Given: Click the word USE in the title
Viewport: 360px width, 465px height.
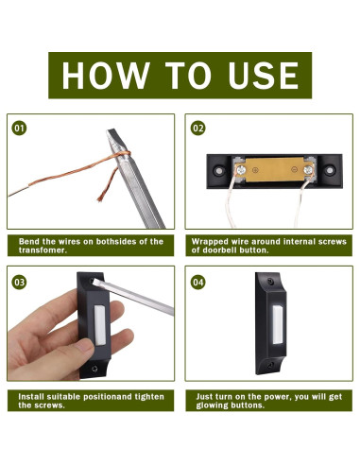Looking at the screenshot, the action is [x=264, y=76].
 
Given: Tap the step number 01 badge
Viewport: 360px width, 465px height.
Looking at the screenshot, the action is [x=19, y=129].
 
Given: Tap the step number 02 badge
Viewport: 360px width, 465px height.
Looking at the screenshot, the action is [x=197, y=129].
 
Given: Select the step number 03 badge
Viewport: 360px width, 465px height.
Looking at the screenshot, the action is [x=19, y=282].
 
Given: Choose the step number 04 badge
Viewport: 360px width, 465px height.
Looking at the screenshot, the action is [x=197, y=282].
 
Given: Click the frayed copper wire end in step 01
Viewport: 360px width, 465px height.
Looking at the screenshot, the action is [x=101, y=198].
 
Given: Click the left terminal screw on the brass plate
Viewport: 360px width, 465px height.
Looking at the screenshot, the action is [x=242, y=170].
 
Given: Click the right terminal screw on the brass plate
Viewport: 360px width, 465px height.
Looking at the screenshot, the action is [x=308, y=170].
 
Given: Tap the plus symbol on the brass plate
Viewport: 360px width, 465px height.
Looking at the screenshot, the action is [x=255, y=170].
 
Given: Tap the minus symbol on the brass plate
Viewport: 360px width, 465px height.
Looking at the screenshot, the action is [x=294, y=169].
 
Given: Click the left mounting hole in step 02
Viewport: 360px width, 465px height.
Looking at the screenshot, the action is [x=218, y=171].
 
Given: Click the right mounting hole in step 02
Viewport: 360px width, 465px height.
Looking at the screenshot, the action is [x=329, y=170].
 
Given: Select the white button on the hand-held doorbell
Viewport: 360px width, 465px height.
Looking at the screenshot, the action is [x=100, y=325].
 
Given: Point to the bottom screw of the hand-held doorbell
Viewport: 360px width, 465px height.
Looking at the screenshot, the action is [x=94, y=369].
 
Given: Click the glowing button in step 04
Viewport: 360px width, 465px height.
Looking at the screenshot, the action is [x=278, y=324].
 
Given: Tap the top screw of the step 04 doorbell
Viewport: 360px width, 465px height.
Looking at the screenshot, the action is [x=270, y=281].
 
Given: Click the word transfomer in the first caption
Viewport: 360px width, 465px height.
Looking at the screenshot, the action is [x=43, y=250].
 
